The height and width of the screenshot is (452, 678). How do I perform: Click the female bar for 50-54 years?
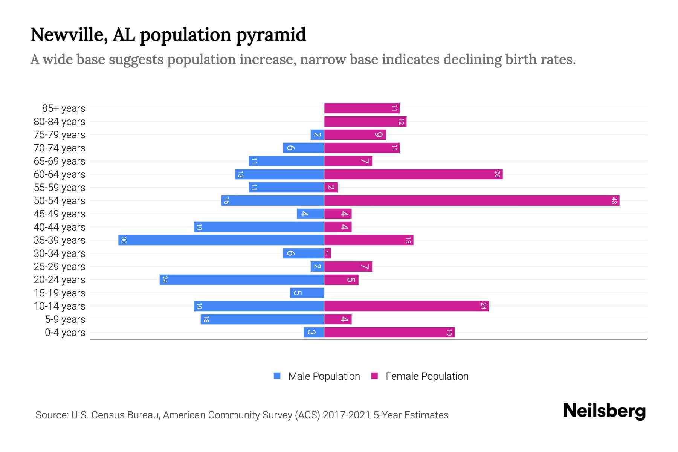[x=472, y=201]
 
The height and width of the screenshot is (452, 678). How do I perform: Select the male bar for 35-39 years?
[x=221, y=240]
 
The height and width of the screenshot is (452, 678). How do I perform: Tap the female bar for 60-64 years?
[x=413, y=174]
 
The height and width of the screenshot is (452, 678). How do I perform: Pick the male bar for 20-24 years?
[x=242, y=280]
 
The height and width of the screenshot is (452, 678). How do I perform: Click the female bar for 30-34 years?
[x=327, y=253]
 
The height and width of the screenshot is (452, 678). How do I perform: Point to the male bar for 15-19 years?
[x=307, y=293]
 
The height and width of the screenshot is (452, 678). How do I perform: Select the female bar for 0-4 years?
[x=389, y=333]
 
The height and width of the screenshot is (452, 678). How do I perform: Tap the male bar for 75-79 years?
[x=317, y=135]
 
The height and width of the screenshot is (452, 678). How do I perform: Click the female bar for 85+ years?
[x=362, y=108]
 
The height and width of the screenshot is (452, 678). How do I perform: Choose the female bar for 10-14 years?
[x=406, y=306]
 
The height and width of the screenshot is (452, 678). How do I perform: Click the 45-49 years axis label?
[x=60, y=214]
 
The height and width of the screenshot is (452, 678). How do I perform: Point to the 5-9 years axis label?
[x=65, y=319]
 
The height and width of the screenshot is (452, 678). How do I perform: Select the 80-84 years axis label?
[x=60, y=122]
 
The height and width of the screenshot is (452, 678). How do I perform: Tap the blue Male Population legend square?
[x=277, y=376]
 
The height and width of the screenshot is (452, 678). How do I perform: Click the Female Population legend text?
[x=427, y=376]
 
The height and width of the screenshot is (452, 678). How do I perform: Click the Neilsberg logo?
[x=604, y=411]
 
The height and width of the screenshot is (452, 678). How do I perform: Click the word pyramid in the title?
[x=271, y=35]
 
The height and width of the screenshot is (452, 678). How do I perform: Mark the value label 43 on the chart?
[x=614, y=201]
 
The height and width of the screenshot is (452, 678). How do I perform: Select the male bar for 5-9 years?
[x=262, y=319]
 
